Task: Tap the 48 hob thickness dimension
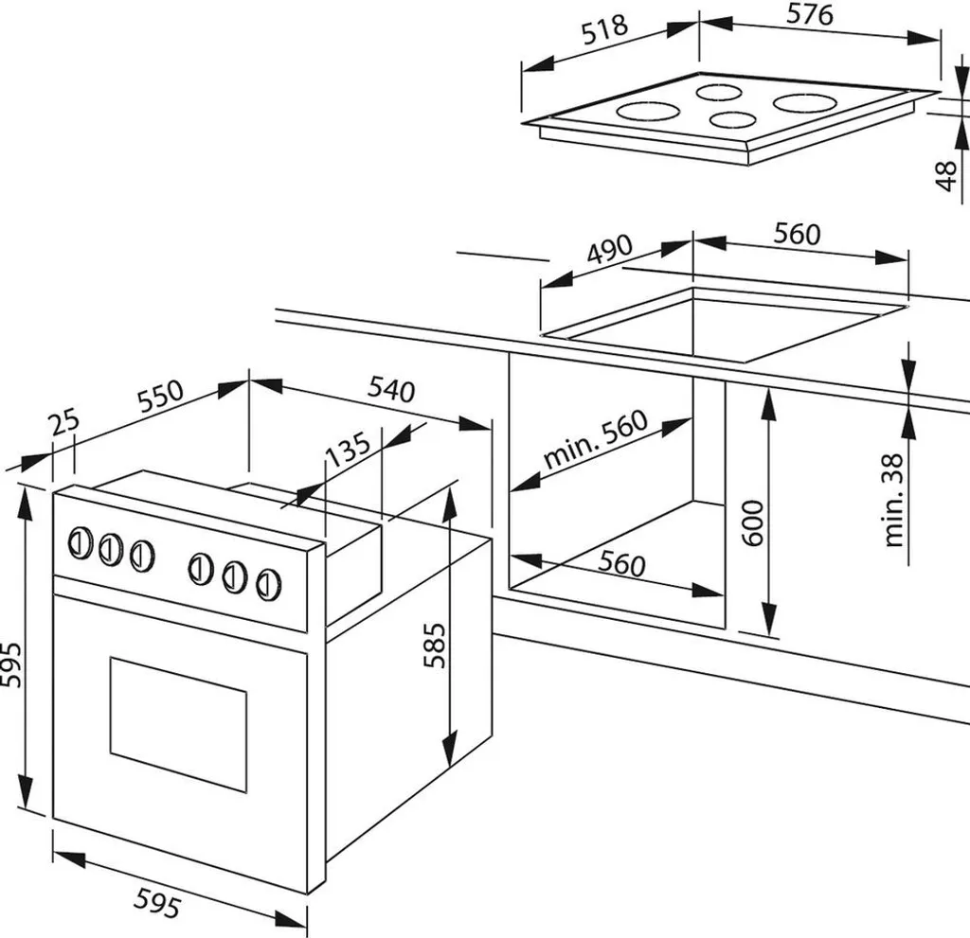click(945, 176)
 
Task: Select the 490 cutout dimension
click(609, 251)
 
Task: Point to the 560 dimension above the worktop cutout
click(797, 233)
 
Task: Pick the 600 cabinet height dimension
click(753, 520)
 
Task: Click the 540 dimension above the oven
click(390, 388)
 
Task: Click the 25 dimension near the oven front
click(65, 423)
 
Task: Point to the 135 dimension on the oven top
click(347, 451)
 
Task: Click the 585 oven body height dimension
click(434, 645)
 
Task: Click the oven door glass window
click(178, 721)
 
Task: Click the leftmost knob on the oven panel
click(80, 543)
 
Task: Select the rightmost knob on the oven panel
click(268, 582)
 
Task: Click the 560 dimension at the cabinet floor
click(622, 565)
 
